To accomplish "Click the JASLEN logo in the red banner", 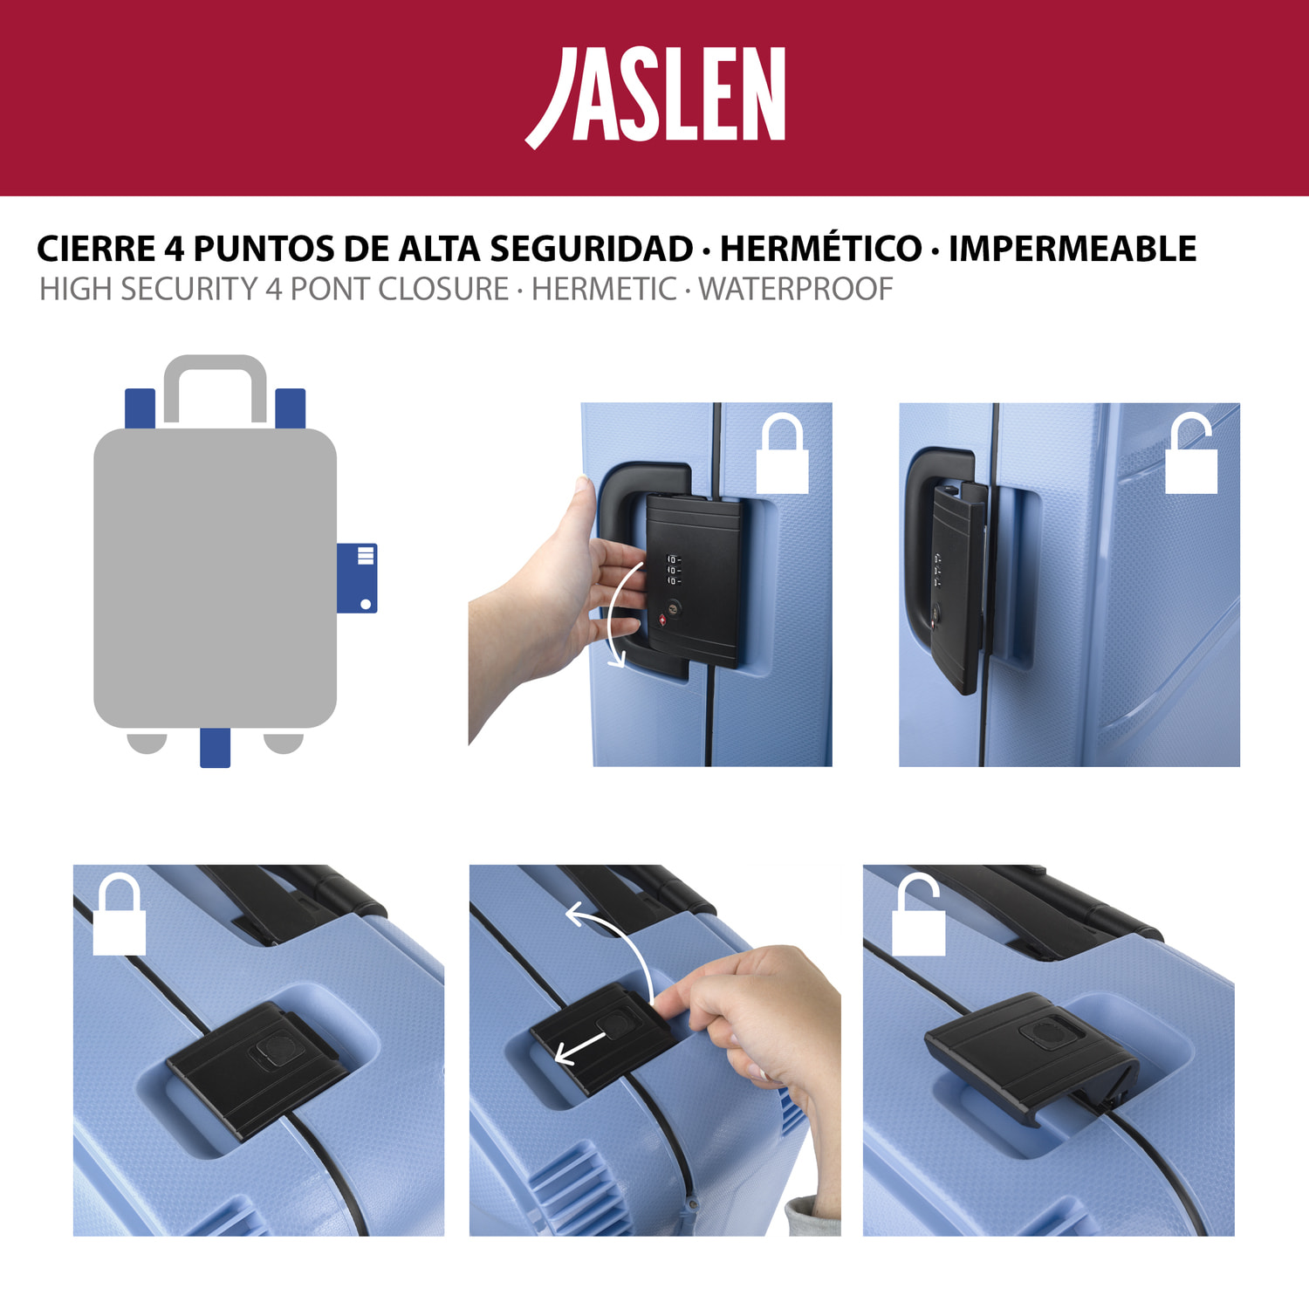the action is pyautogui.click(x=655, y=96).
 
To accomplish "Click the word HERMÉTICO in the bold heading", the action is pyautogui.click(x=821, y=249).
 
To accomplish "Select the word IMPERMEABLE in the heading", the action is pyautogui.click(x=1073, y=249).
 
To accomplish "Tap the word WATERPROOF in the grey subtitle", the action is pyautogui.click(x=796, y=289).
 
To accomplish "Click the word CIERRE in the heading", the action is pyautogui.click(x=96, y=249).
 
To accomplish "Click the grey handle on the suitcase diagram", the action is pyautogui.click(x=216, y=387).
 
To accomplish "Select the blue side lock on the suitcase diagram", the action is pyautogui.click(x=357, y=578).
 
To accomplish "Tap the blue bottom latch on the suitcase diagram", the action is pyautogui.click(x=215, y=748).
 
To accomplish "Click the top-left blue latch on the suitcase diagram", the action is pyautogui.click(x=140, y=408).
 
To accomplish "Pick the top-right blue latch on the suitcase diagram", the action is pyautogui.click(x=291, y=408).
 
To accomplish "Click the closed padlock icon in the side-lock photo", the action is pyautogui.click(x=783, y=454).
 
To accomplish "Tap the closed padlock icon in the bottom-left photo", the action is pyautogui.click(x=120, y=914).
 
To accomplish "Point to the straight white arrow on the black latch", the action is pyautogui.click(x=580, y=1048).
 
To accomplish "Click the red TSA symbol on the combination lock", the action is pyautogui.click(x=661, y=620).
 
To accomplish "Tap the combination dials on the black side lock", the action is pyautogui.click(x=673, y=569).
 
